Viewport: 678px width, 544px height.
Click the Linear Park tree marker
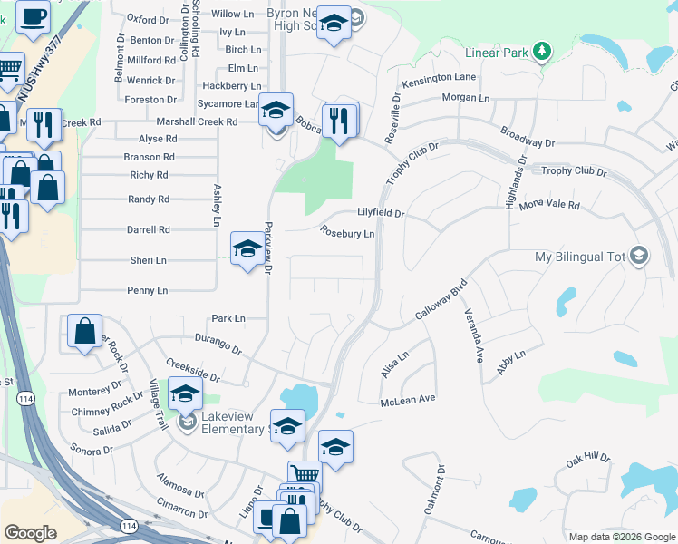click(542, 51)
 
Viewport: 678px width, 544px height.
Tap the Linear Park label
click(496, 53)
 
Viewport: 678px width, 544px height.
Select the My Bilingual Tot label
click(581, 257)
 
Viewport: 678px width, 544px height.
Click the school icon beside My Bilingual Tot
click(640, 256)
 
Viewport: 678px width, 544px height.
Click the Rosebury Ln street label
click(347, 233)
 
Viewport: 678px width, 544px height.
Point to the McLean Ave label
click(408, 398)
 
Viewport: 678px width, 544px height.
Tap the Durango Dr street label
click(218, 343)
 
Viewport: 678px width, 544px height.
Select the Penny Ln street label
click(149, 291)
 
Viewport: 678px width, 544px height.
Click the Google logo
click(30, 533)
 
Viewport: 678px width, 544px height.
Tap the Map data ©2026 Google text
click(622, 537)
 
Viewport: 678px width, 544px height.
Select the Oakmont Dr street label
click(435, 491)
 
